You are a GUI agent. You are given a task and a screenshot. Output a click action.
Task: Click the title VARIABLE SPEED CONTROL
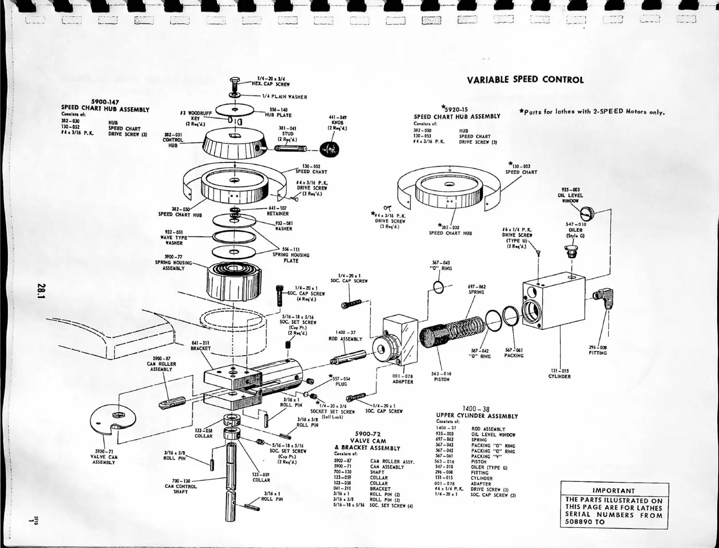coord(525,80)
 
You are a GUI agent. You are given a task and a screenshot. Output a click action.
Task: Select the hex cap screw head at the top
coord(234,83)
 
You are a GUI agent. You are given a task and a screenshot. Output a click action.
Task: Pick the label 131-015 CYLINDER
coord(559,374)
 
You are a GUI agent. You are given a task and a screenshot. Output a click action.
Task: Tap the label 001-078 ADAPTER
coord(402,379)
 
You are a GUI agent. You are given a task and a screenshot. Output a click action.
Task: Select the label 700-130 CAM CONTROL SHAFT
coord(181,486)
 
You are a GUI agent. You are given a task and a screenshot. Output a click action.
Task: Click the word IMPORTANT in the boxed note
coord(614,491)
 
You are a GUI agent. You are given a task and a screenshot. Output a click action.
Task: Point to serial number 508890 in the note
coord(579,522)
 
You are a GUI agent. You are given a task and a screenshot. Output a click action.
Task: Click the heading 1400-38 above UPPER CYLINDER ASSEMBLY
coord(476,409)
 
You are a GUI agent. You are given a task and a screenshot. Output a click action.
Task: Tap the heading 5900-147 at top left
coord(105,102)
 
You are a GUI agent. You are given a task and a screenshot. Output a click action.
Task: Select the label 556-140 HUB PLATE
coord(278,112)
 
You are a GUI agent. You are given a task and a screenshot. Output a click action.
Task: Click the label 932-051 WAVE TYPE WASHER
coord(174,237)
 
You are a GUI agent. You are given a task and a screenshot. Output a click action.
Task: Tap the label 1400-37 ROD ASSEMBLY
coord(345,336)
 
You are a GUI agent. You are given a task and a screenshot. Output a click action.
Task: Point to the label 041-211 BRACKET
coord(200,345)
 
